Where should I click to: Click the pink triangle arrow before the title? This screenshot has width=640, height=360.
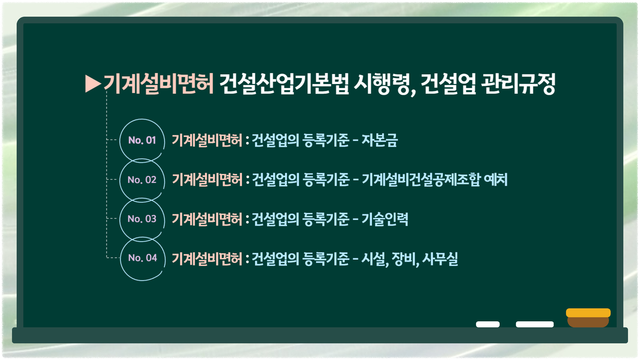coord(93,84)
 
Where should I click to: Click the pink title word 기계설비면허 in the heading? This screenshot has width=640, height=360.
coord(159,84)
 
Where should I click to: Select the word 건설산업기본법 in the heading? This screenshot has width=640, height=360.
coord(284,84)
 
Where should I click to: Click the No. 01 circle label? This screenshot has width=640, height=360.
coord(142,140)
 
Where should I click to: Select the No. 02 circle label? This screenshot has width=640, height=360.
coord(142,180)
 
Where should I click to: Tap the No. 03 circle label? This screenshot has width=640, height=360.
coord(142,219)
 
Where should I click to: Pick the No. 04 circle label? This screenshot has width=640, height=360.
coord(143,258)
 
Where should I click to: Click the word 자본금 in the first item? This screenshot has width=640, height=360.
coord(380,140)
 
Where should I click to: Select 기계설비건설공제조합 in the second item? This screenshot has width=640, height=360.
coord(421,180)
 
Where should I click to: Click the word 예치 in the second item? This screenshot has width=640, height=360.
coord(496,180)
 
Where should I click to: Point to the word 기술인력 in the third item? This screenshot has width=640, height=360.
coord(385,219)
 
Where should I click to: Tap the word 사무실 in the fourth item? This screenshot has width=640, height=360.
coord(440,259)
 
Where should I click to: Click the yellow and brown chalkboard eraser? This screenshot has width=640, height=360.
coord(588,318)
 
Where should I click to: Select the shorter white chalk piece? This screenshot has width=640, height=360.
coord(488,324)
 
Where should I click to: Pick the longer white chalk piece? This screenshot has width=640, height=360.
coord(535,324)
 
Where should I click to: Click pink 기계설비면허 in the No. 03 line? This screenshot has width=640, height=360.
coord(207,219)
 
